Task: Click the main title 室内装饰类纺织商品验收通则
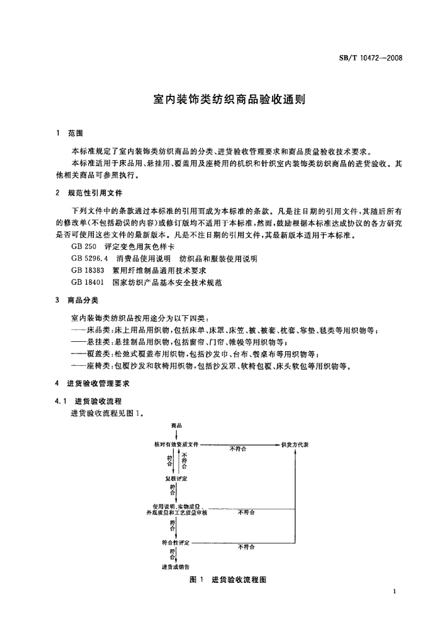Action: tap(223, 98)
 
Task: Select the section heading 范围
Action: tap(75, 133)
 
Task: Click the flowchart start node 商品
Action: tap(176, 425)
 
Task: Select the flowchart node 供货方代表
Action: tap(295, 444)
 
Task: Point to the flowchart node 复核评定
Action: tap(176, 479)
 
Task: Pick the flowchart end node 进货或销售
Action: tap(176, 567)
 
